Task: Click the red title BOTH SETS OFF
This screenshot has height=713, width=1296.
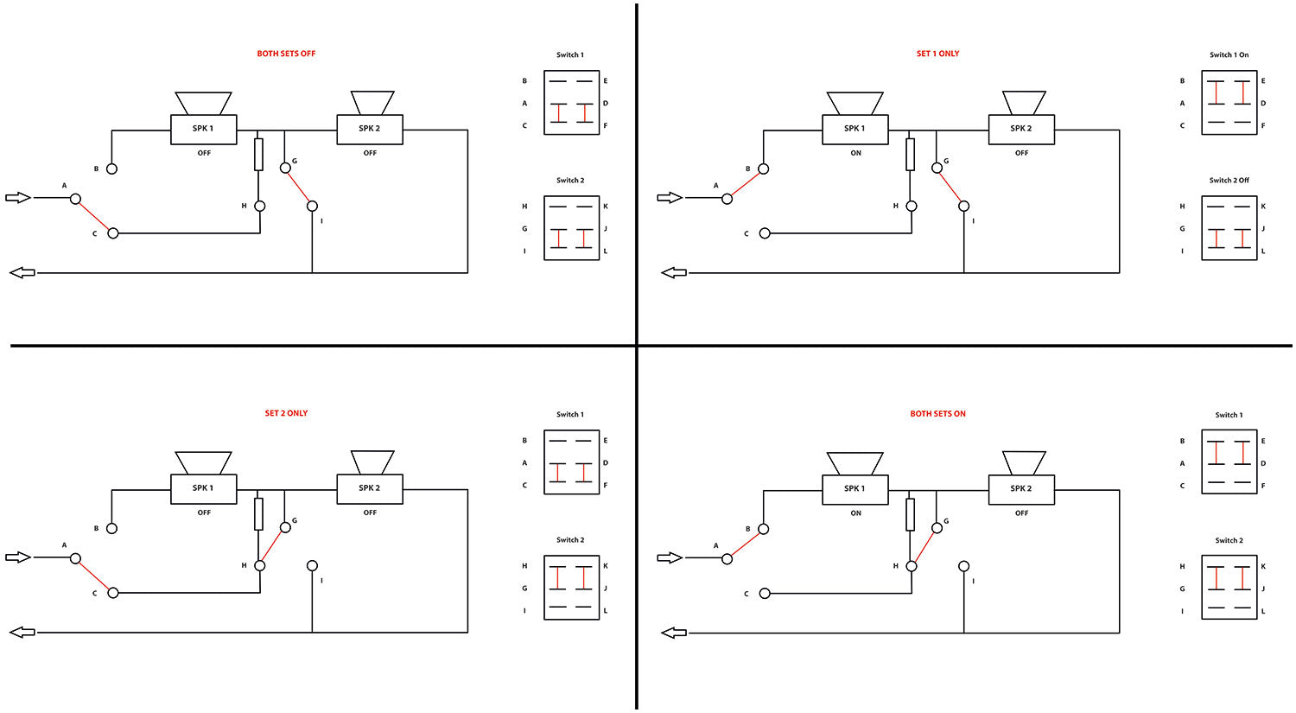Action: [x=286, y=54]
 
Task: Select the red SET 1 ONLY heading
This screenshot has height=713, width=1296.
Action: [x=937, y=54]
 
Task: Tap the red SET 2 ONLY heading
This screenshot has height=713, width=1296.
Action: [x=286, y=413]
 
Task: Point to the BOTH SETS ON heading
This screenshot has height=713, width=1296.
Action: [x=937, y=414]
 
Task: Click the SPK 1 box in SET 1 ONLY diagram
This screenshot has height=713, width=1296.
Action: [x=854, y=129]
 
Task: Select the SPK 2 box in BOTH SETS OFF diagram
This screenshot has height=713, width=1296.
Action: [x=370, y=129]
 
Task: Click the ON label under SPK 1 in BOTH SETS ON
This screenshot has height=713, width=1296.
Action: [x=855, y=513]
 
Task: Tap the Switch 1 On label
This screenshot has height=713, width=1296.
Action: [x=1229, y=54]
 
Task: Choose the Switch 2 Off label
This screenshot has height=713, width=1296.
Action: [x=1229, y=181]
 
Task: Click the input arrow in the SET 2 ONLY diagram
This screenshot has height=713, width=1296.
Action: [x=18, y=557]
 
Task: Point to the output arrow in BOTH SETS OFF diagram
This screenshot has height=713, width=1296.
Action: [x=22, y=273]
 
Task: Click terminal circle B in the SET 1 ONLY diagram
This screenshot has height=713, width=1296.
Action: [x=763, y=169]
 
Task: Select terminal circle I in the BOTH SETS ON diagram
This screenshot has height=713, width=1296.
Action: [x=963, y=566]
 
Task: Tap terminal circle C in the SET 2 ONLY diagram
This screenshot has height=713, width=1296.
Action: [x=112, y=593]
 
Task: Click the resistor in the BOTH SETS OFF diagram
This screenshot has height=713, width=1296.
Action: [x=258, y=154]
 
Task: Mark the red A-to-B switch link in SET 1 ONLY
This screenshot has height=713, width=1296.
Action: [x=745, y=184]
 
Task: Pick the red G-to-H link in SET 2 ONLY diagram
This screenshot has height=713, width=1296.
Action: [x=272, y=547]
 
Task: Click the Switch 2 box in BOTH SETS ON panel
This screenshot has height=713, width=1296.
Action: [x=1229, y=588]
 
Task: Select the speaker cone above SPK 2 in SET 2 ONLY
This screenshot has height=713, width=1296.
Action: [x=372, y=462]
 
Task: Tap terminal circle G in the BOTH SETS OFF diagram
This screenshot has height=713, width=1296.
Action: [x=285, y=168]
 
